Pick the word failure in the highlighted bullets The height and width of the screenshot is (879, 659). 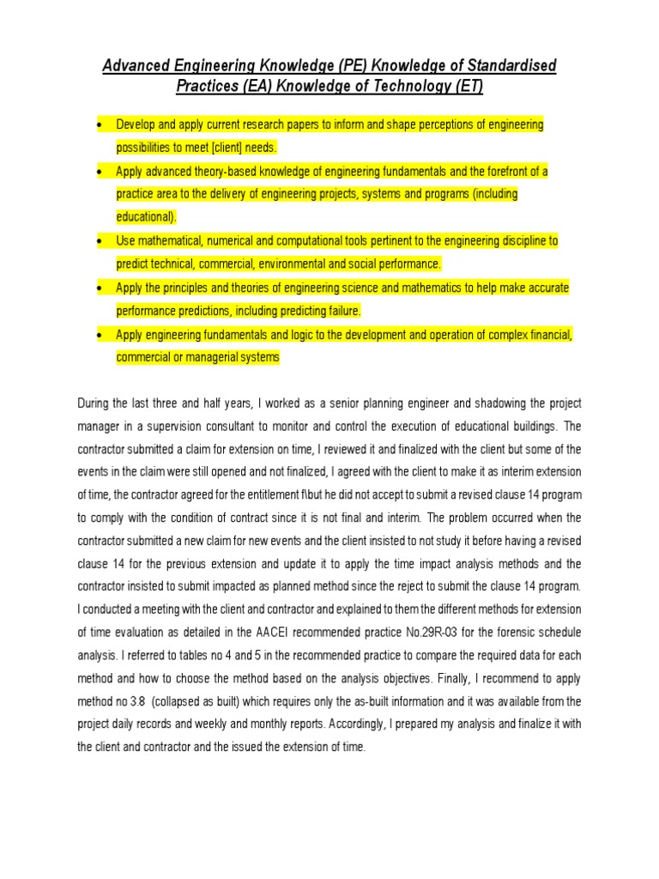point(341,310)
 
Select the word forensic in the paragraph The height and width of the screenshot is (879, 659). point(493,632)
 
